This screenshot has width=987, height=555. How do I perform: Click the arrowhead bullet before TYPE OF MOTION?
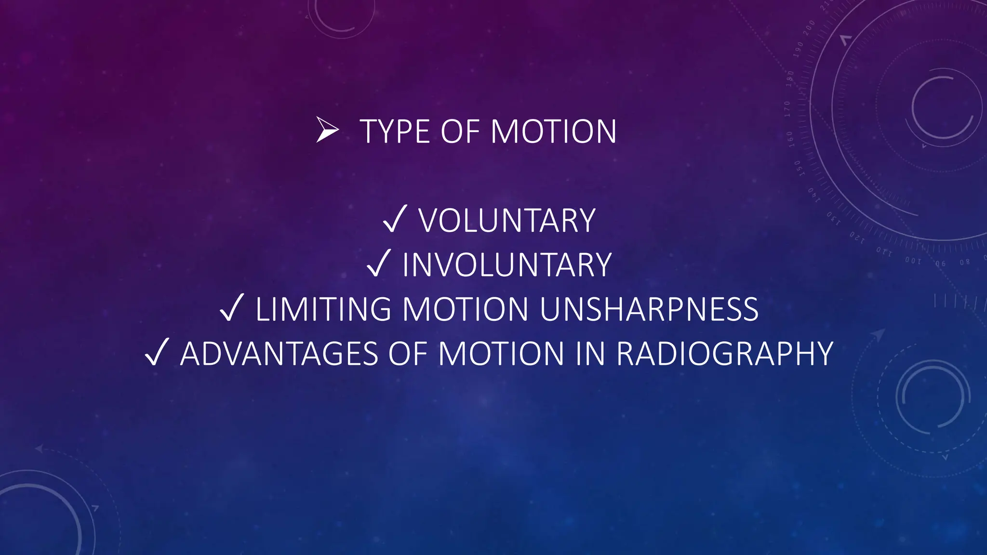pos(328,130)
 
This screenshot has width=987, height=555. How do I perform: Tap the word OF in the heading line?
pos(460,132)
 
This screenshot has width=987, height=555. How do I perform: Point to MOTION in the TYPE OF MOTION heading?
pos(553,132)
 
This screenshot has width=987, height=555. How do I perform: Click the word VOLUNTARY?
pos(507,221)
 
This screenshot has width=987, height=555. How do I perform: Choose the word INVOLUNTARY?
pos(507,265)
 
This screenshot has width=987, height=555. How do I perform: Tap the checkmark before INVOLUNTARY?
pos(379,264)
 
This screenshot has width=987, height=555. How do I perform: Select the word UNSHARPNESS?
pos(649,309)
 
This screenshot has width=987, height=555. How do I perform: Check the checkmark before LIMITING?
pos(232,308)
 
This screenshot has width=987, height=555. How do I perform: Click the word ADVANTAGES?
pos(279,354)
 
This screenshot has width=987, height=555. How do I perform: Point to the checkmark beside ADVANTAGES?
pos(157,352)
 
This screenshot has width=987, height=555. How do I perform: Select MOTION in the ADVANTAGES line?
pos(501,354)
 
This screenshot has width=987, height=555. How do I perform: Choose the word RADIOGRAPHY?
pos(725,354)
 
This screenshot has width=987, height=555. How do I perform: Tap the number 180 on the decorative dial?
pos(789,79)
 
